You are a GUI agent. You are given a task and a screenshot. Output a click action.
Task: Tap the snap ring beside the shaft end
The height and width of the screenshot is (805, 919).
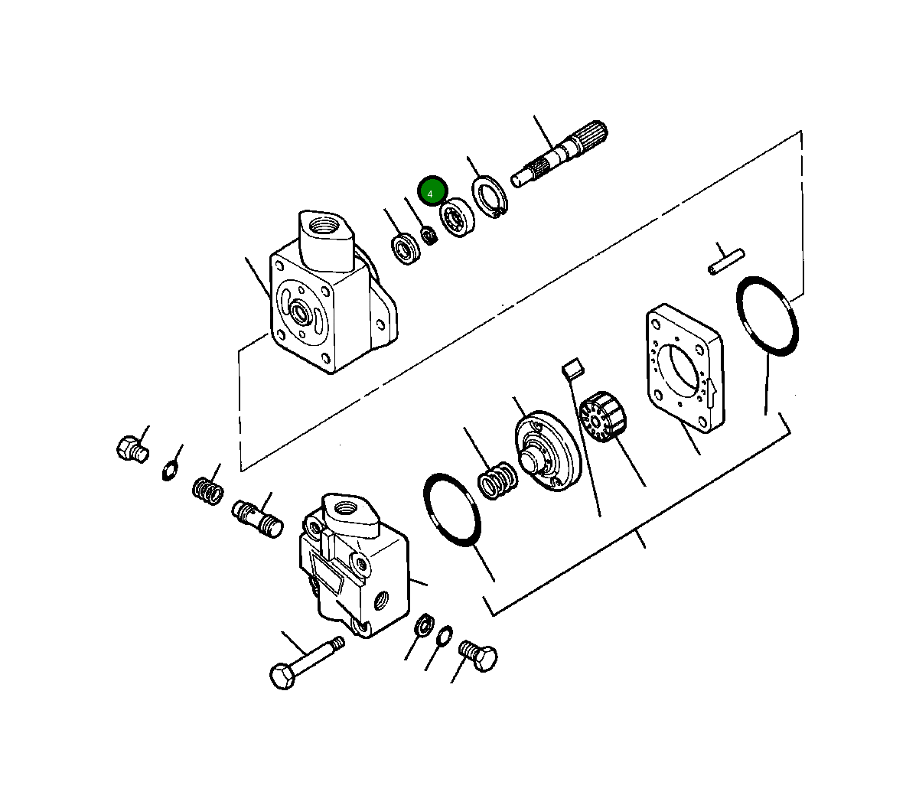489,196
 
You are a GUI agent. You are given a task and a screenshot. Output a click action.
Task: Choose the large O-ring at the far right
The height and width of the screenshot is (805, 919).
767,316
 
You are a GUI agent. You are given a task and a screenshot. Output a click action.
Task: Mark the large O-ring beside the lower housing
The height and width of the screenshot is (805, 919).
452,510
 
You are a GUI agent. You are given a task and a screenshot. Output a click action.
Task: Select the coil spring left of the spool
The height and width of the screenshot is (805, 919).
207,490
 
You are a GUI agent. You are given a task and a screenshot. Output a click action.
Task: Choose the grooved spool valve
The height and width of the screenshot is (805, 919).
257,518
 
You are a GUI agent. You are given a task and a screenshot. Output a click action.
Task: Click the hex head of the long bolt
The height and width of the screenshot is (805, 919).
283,676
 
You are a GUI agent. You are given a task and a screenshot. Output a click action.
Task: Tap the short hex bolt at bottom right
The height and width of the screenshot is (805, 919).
480,657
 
